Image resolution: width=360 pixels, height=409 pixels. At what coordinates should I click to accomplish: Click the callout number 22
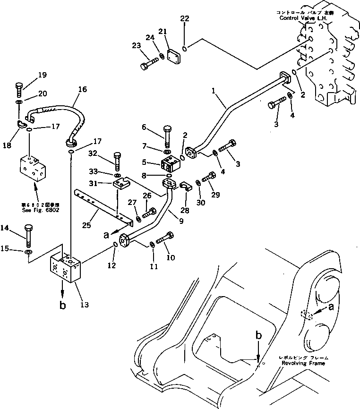tap(184, 18)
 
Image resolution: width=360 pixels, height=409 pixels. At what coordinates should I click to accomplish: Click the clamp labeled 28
tap(186, 188)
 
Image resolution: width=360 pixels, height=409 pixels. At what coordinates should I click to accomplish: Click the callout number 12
tap(111, 266)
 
